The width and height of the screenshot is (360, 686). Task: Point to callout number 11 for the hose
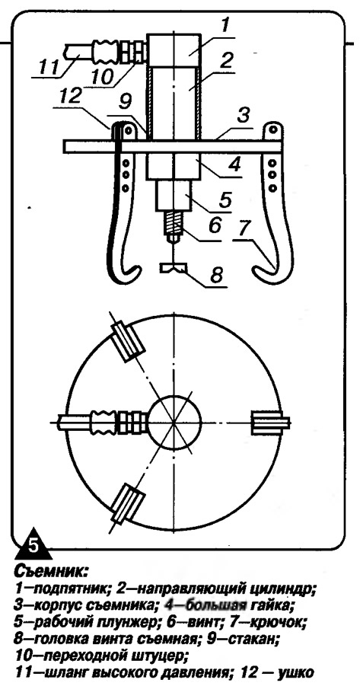point(48,69)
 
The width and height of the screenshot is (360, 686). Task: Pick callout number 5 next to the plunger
point(226,198)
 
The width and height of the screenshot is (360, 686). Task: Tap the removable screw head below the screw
point(174,267)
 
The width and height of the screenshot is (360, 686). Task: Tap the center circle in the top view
point(174,420)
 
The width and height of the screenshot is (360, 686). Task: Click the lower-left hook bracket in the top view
point(127,503)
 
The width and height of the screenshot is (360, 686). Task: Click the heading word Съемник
point(51,570)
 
